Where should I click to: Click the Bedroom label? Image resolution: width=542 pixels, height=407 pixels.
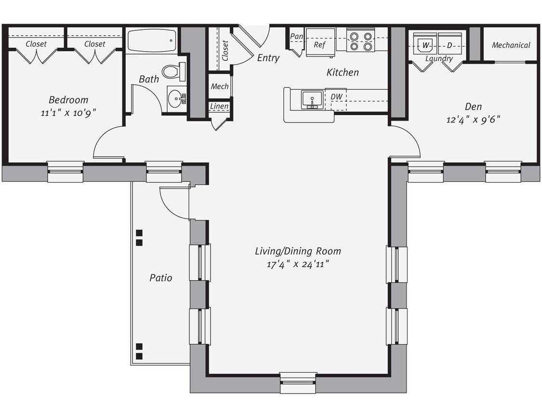click(68, 100)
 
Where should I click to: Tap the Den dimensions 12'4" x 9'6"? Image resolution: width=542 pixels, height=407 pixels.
click(473, 119)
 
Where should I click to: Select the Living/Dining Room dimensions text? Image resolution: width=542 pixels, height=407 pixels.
click(298, 264)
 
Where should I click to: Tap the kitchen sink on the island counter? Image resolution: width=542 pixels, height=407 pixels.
click(312, 99)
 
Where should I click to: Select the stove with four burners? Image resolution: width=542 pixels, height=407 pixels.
click(361, 41)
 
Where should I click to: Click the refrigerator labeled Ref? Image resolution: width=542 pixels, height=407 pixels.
click(320, 44)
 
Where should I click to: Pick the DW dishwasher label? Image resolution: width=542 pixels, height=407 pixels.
click(336, 97)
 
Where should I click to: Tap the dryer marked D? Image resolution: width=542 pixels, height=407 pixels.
click(449, 45)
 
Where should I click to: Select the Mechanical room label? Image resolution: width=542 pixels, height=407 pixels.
click(511, 45)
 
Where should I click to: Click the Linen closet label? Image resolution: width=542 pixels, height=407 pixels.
click(219, 106)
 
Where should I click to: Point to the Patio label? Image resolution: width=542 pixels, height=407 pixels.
click(160, 278)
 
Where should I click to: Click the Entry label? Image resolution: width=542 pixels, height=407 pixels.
click(268, 58)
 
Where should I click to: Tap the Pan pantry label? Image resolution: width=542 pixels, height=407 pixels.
click(296, 36)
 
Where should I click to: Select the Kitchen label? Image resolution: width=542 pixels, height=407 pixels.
click(343, 72)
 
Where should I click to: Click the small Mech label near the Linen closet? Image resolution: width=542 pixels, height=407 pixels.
click(219, 86)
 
